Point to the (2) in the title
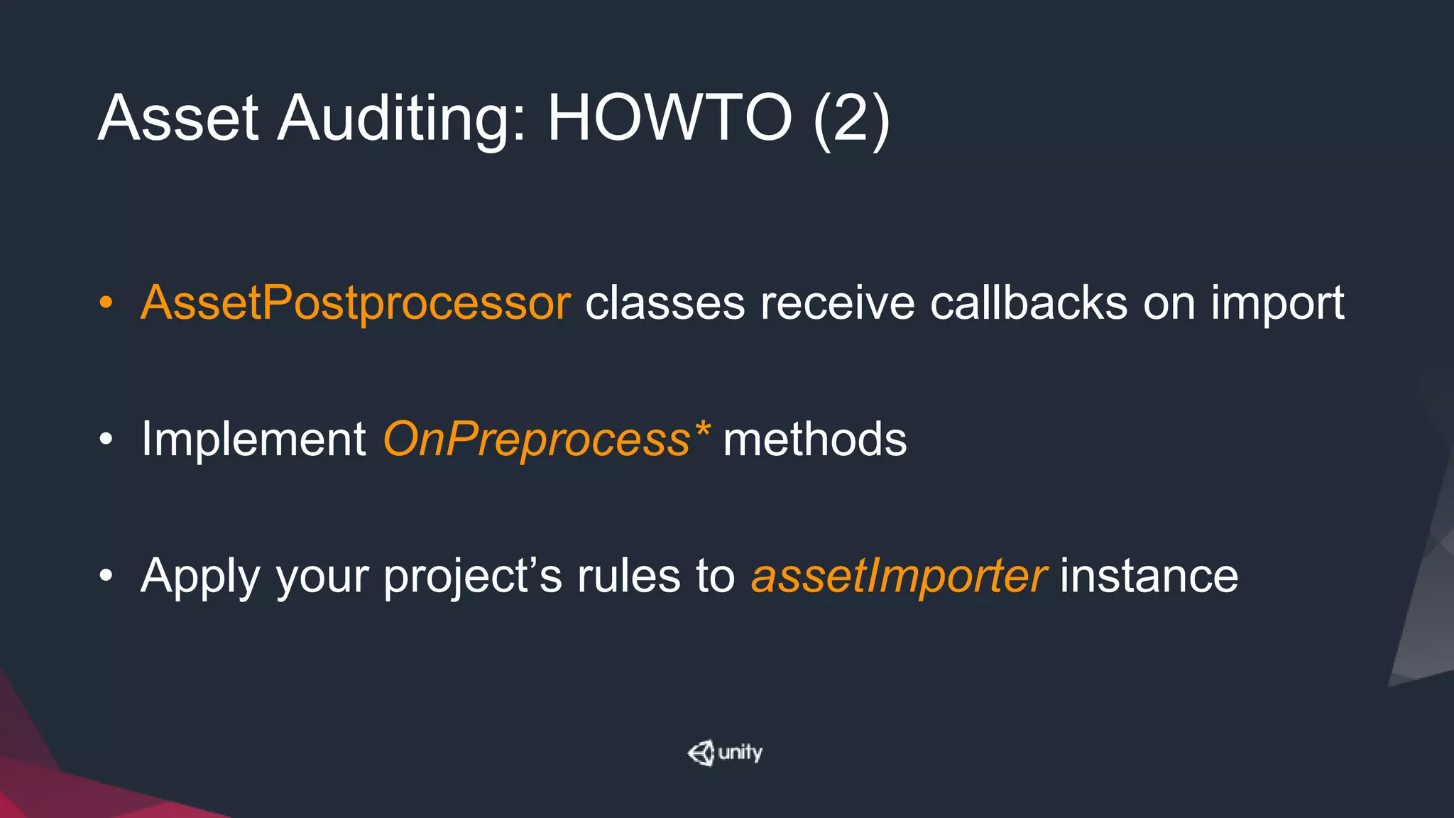pos(851,119)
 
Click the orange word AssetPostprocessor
pos(356,304)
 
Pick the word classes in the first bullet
pos(665,304)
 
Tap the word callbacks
pos(1029,304)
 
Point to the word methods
pos(814,440)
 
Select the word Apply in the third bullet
pos(201,577)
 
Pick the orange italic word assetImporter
pos(898,577)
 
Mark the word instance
pos(1149,576)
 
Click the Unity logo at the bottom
pos(725,753)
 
